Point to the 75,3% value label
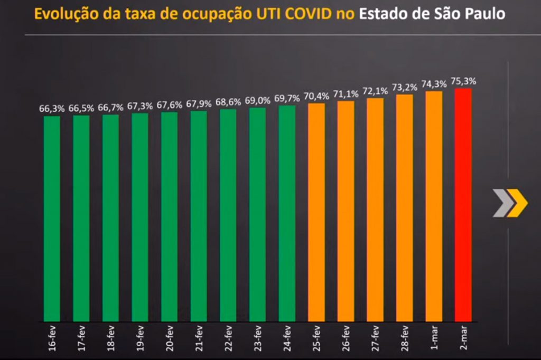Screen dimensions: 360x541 click(463, 81)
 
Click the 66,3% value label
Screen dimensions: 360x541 click(52, 109)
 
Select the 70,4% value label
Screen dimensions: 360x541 click(316, 96)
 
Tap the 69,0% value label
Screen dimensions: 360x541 click(258, 100)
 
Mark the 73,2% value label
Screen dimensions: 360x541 click(405, 87)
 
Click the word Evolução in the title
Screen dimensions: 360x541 click(61, 14)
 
